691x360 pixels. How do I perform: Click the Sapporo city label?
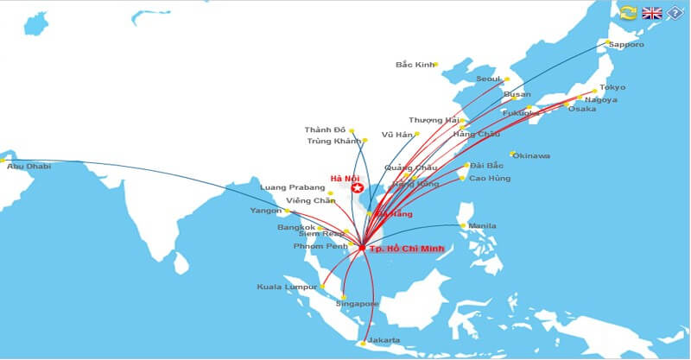point(626,44)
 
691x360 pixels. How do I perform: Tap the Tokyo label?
point(612,87)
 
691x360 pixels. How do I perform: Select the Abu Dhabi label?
point(28,166)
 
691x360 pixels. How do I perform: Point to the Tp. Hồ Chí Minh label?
point(406,249)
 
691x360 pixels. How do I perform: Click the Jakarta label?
point(384,340)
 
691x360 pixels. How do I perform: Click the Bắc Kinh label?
point(415,64)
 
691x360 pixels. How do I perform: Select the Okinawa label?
point(533,155)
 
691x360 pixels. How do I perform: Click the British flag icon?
point(652,12)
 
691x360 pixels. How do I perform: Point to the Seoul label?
point(488,79)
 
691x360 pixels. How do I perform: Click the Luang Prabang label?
point(292,187)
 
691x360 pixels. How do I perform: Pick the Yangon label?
point(265,211)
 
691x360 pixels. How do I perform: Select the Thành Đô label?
point(324,129)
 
